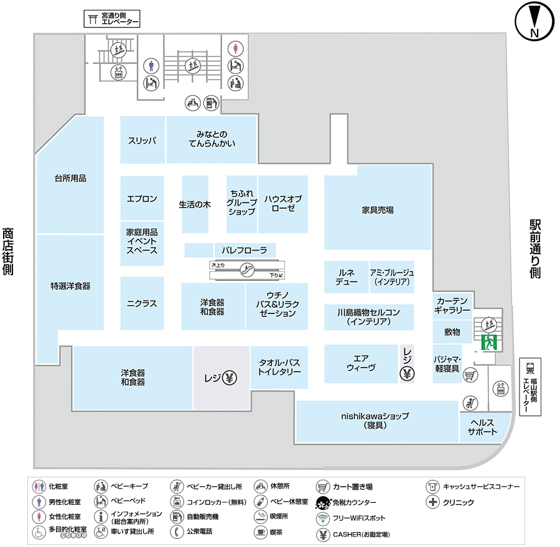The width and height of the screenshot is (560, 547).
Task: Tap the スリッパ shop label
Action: [x=142, y=140]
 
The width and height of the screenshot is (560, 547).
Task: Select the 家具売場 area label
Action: [x=378, y=210]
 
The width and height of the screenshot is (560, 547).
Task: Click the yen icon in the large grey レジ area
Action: [x=230, y=377]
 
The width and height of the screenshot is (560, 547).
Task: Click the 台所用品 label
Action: [x=70, y=178]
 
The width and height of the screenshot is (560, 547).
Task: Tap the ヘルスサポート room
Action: [x=483, y=428]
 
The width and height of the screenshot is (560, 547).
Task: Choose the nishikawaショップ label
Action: [x=374, y=420]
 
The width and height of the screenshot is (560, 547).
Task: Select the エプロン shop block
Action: [x=142, y=199]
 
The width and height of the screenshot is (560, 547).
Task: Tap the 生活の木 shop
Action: [x=195, y=204]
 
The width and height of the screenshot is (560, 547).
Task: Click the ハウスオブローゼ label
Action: [x=282, y=203]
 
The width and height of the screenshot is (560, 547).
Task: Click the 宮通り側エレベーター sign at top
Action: [x=112, y=19]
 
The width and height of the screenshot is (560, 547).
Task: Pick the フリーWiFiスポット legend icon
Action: [x=322, y=518]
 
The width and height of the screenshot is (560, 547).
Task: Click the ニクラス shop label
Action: [x=142, y=304]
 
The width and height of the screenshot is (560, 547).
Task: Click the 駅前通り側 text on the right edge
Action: [x=535, y=249]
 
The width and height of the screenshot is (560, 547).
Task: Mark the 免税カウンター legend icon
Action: [x=322, y=502]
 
